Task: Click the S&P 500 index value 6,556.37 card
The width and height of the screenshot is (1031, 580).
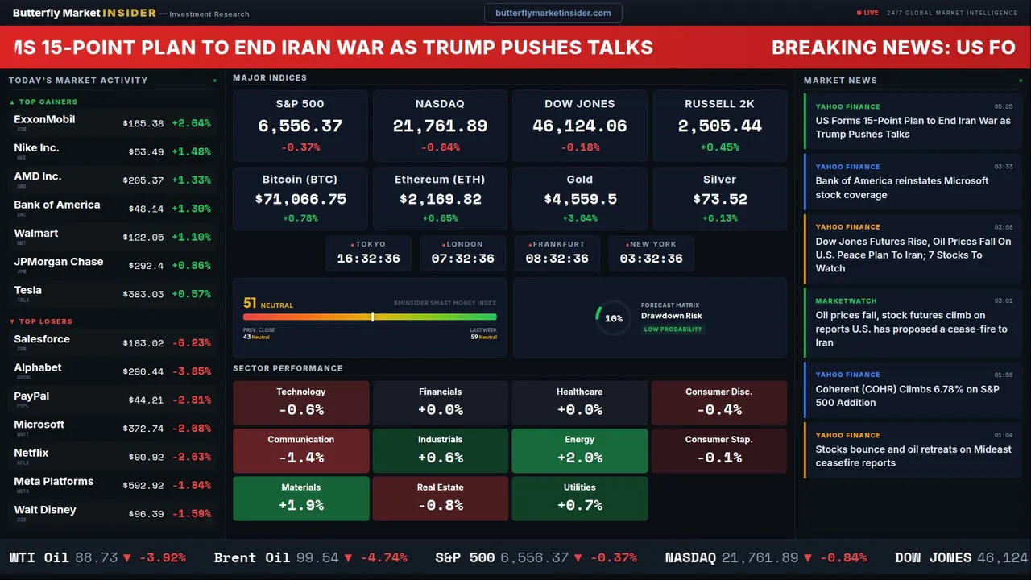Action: tap(300, 126)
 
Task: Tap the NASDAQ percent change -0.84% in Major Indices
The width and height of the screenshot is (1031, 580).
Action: tap(440, 147)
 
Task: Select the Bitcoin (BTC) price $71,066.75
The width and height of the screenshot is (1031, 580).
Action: tap(300, 199)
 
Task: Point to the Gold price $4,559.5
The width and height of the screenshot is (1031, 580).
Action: tap(580, 199)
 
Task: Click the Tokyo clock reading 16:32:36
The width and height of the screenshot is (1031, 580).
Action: tap(368, 259)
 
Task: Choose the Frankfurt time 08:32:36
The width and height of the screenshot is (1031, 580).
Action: tap(557, 259)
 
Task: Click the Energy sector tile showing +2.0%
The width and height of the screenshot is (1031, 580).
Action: tap(579, 450)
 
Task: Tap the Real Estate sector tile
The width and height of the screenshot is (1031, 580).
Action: tap(440, 498)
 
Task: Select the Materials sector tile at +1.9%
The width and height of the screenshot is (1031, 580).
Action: tap(300, 498)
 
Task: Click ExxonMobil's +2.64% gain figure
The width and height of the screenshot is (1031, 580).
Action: tap(191, 123)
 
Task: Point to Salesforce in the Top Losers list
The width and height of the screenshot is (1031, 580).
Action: tap(42, 339)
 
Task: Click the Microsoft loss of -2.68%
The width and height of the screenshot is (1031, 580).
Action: tap(191, 429)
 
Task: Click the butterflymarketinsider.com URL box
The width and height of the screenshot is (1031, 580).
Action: tap(553, 13)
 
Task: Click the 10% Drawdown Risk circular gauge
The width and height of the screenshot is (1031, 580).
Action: tap(613, 318)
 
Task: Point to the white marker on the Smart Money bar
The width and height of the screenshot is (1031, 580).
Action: tap(372, 317)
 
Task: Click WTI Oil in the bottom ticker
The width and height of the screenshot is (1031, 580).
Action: tap(39, 557)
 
